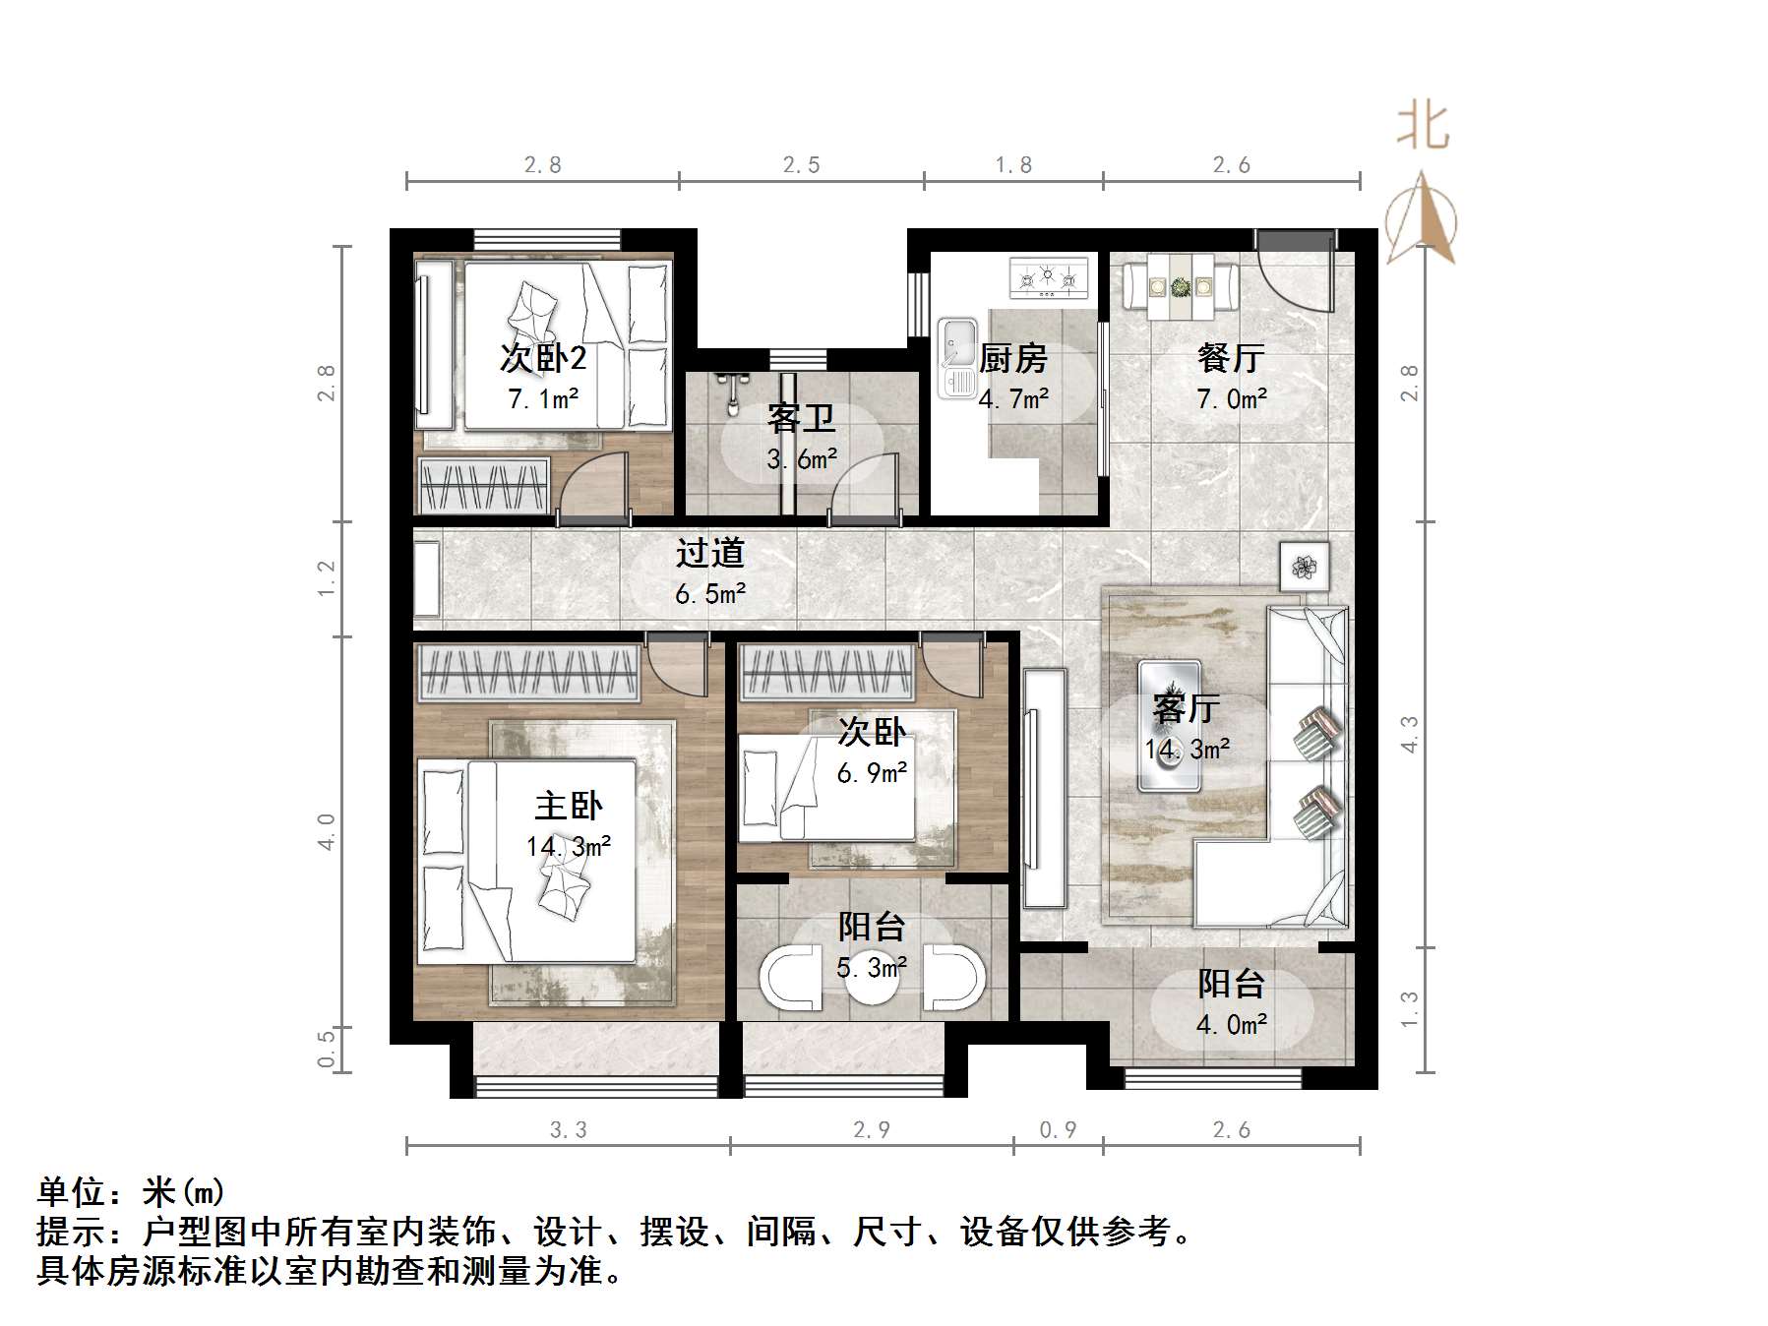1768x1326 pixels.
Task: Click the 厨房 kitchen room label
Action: click(1013, 358)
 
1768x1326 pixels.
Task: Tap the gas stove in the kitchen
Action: click(1049, 276)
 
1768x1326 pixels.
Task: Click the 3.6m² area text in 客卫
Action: click(802, 458)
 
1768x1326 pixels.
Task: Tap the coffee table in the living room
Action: click(1169, 726)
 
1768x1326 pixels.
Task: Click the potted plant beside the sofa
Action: click(1305, 567)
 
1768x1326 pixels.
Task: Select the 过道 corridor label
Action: click(709, 553)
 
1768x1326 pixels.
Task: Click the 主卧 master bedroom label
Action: click(568, 806)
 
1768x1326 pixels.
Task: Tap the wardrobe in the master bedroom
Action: click(528, 673)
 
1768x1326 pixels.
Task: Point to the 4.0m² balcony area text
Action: click(1231, 1024)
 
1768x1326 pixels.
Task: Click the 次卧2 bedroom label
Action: click(542, 357)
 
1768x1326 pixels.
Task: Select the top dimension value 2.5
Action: click(801, 165)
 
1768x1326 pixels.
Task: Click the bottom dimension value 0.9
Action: click(1058, 1130)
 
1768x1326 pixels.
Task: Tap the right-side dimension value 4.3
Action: click(1409, 734)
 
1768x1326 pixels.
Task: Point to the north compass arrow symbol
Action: click(1421, 220)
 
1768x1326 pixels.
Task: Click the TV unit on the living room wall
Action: click(1043, 788)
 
